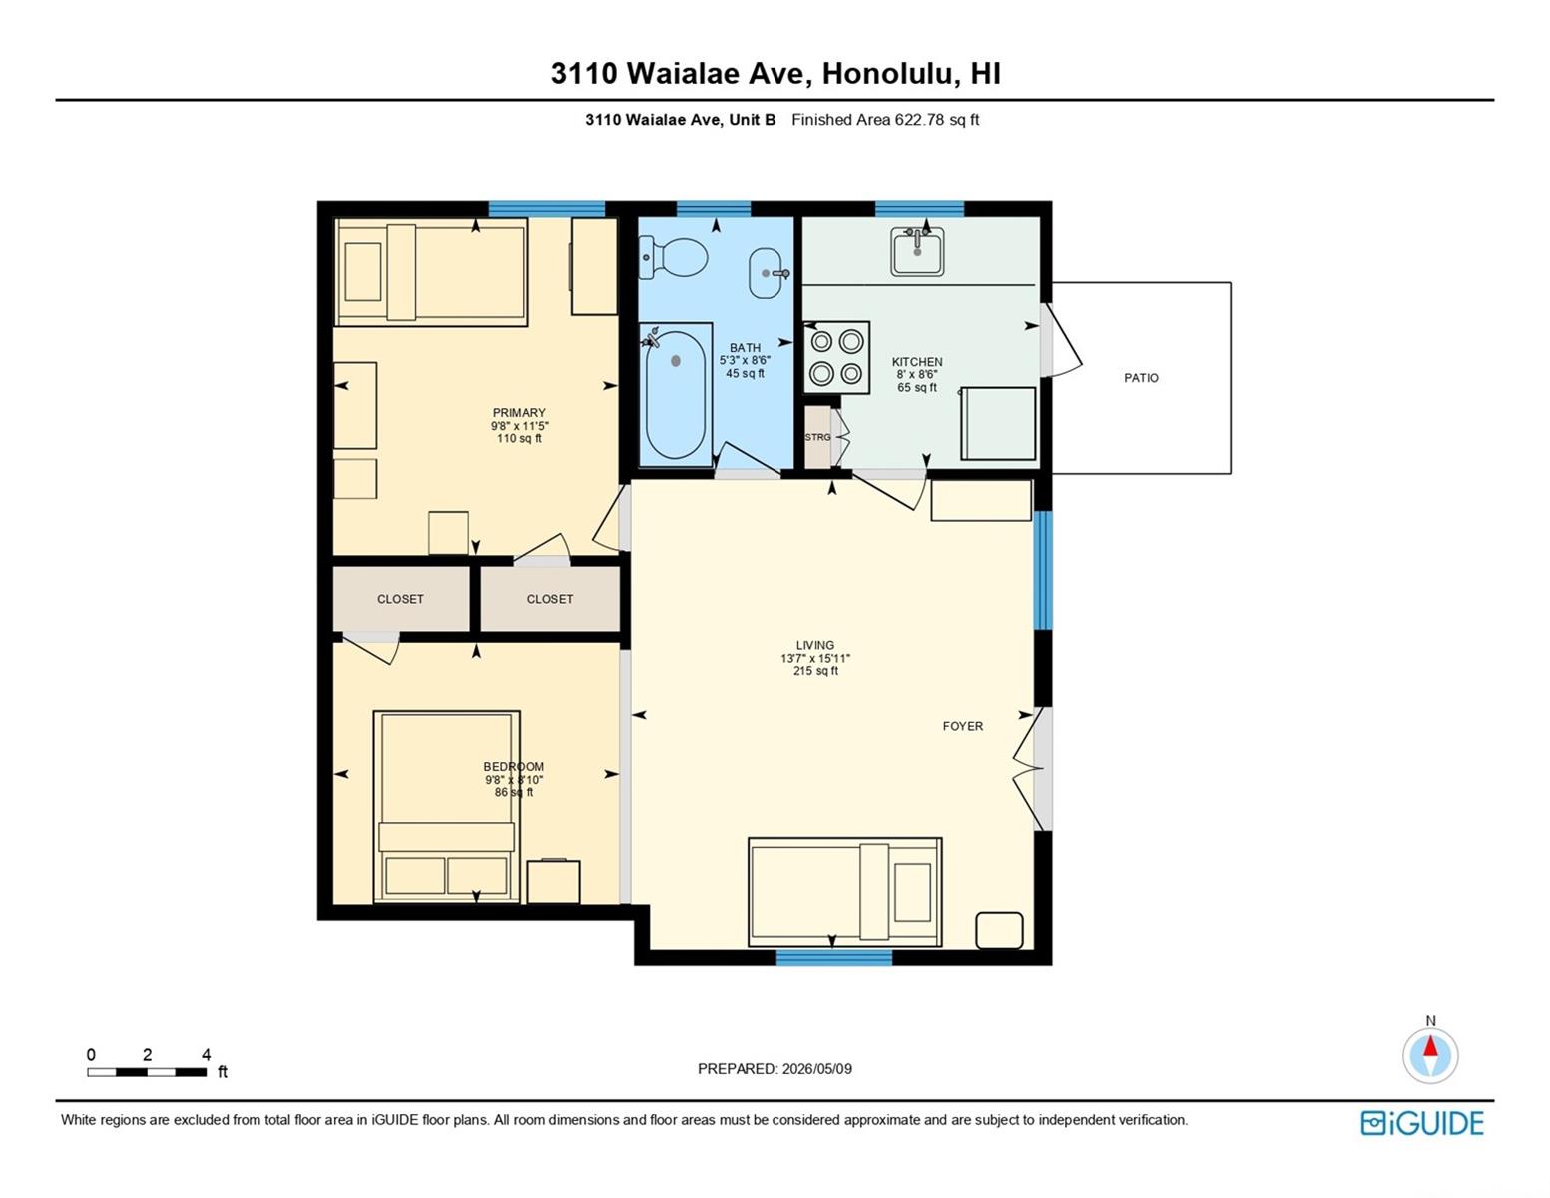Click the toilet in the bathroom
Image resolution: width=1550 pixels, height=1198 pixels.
point(673,257)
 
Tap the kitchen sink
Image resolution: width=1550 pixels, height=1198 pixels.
point(917,252)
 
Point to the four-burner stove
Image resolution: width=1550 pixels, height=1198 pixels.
point(836,357)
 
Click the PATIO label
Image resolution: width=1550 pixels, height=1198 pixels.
point(1141,378)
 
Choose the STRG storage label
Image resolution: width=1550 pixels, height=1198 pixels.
point(818,437)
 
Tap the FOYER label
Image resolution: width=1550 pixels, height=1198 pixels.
point(963,726)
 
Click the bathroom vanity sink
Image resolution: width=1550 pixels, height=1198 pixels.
point(766,273)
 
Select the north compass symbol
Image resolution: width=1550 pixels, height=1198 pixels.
point(1430,1054)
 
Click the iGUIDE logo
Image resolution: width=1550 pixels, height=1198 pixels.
point(1421,1123)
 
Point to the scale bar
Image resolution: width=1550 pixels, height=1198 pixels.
point(147,1071)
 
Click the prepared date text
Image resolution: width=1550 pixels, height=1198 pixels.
point(775,1069)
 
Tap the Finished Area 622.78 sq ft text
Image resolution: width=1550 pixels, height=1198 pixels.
point(885,120)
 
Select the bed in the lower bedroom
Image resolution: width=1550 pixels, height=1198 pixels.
point(446,807)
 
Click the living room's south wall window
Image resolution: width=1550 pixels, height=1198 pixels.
point(833,958)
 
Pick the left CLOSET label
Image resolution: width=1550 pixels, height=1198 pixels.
point(400,599)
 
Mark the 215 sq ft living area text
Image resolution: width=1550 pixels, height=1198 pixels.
point(816,671)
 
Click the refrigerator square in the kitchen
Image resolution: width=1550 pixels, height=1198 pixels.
point(998,424)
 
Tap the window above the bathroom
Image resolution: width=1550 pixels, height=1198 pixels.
point(714,209)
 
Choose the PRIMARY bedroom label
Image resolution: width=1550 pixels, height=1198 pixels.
point(519,413)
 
